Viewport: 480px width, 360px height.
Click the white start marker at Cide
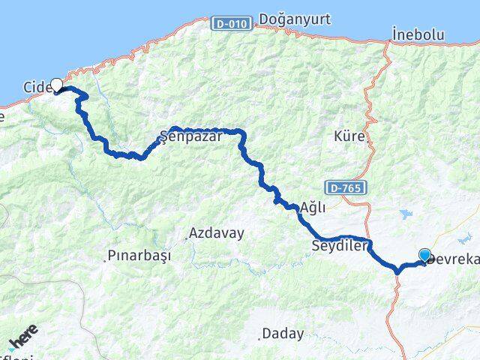pyautogui.click(x=56, y=85)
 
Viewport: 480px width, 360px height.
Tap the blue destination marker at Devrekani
pyautogui.click(x=425, y=255)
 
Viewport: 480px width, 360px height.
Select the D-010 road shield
pyautogui.click(x=230, y=24)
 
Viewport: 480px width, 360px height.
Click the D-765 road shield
pyautogui.click(x=346, y=187)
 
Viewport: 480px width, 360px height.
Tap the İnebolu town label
pyautogui.click(x=418, y=34)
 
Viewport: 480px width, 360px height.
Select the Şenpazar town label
pyautogui.click(x=183, y=137)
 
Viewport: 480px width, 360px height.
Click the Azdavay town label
pyautogui.click(x=217, y=233)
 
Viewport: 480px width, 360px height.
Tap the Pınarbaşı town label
pyautogui.click(x=139, y=256)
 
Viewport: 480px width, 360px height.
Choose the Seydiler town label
pyautogui.click(x=340, y=245)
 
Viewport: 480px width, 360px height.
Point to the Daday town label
pyautogui.click(x=283, y=333)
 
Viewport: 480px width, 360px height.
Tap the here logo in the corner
pyautogui.click(x=22, y=343)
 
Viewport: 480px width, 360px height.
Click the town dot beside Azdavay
pyautogui.click(x=186, y=239)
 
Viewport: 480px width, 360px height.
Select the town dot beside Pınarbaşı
pyautogui.click(x=104, y=261)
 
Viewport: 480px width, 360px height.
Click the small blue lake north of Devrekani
pyautogui.click(x=408, y=215)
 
